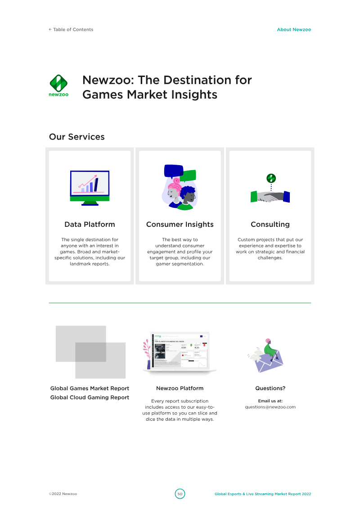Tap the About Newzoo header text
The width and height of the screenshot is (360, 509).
pos(294,30)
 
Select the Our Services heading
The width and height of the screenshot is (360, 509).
pos(76,137)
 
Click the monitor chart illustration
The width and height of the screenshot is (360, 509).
pos(90,188)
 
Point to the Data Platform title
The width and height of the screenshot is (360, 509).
pos(90,224)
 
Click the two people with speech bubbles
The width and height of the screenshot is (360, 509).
pos(180,187)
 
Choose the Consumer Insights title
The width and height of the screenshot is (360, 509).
pos(180,224)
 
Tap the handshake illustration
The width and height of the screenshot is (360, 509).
pos(270,193)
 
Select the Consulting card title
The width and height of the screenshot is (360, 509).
pos(270,224)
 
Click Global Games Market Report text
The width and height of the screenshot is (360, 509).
pos(90,388)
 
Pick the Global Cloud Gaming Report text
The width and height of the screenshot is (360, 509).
pos(90,397)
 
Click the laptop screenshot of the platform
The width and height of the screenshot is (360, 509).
pos(180,352)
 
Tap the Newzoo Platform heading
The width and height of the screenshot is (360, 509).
pos(180,388)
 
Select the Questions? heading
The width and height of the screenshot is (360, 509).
pos(270,388)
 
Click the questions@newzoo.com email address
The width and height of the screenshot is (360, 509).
pos(270,407)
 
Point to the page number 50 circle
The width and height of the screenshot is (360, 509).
pos(180,494)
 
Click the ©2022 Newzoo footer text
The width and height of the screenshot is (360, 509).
pos(63,494)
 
